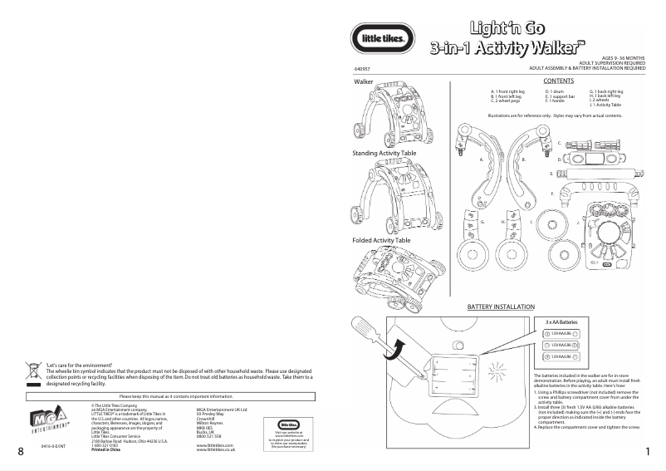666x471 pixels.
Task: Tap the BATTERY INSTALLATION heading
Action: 501,307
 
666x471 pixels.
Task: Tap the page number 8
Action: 18,451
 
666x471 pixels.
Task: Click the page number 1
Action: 647,451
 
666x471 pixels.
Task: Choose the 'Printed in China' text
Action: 107,449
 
